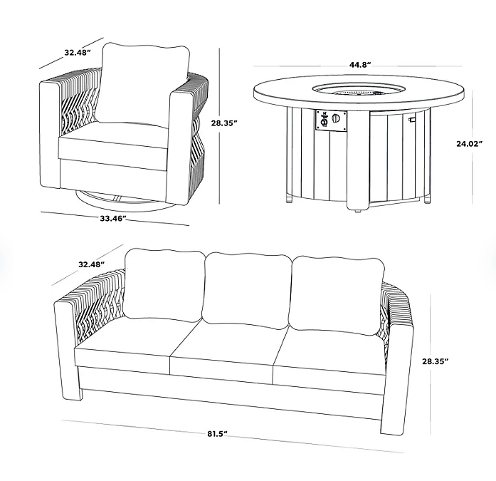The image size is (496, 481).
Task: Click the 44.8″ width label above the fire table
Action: coord(360,65)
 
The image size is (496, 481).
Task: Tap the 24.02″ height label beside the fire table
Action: coord(470,144)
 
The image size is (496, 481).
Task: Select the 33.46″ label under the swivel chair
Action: coord(114,218)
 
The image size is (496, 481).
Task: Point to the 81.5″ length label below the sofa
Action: coord(218,434)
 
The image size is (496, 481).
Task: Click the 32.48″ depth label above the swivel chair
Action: coord(78,53)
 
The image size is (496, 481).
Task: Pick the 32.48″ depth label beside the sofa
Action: coord(92,264)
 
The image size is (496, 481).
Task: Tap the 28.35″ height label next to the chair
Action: coord(224,123)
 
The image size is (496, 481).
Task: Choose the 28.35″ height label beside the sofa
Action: coord(436,361)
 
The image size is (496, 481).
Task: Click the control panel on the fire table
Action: coord(331,120)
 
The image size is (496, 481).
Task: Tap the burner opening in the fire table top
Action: coord(359,89)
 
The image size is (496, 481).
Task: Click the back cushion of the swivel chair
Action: coord(142,84)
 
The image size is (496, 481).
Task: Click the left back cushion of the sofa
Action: coord(163,285)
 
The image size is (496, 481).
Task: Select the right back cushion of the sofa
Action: coord(337,294)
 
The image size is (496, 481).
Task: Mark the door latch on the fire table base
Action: coord(411,119)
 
